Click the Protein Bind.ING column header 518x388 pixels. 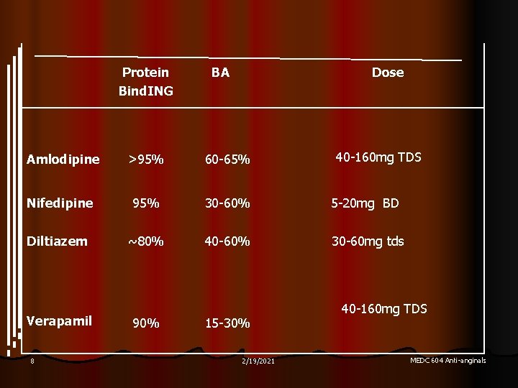coord(146,81)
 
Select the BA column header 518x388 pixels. coord(220,72)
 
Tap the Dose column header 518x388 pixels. coord(388,72)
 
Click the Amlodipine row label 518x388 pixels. coord(63,160)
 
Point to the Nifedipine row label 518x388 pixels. coord(60,203)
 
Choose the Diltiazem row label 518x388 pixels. coord(57,241)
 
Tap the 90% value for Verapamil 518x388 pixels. coord(145,323)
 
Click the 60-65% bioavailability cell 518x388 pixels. coord(227,160)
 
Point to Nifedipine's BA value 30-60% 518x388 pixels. coord(227,203)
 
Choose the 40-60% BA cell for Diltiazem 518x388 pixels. coord(227,241)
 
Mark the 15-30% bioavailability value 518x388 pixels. coord(227,323)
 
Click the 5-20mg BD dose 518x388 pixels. coord(365,203)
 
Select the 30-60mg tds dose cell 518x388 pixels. coord(368,241)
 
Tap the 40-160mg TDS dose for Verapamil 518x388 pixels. coord(384,309)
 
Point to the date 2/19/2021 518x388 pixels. coord(258,361)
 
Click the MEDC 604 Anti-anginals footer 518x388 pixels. coord(447,360)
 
